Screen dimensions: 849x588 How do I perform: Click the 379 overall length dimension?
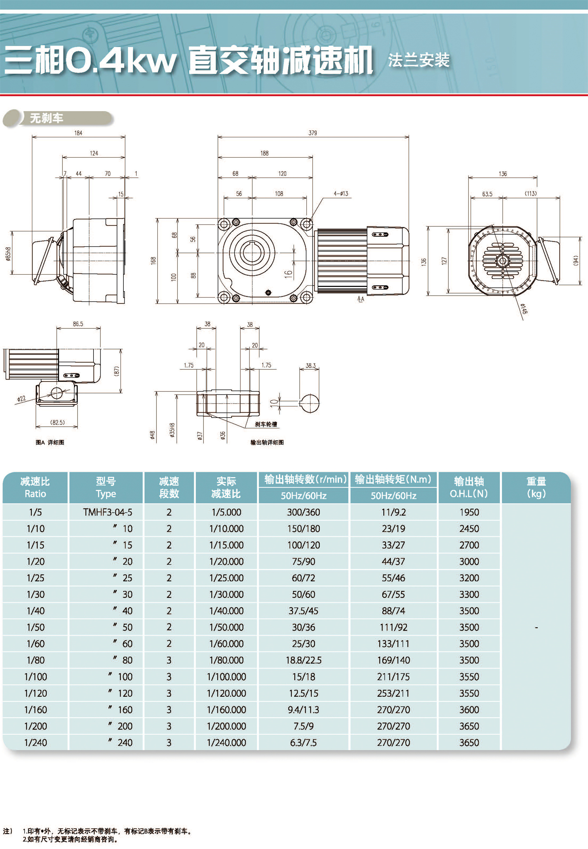[x=313, y=133]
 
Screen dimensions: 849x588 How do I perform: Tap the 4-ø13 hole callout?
[x=341, y=194]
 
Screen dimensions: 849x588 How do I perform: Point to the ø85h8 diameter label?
[x=8, y=254]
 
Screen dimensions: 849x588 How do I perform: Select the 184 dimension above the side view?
[x=78, y=133]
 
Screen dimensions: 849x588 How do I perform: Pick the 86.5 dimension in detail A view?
[x=78, y=324]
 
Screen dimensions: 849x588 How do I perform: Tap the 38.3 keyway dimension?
[x=310, y=366]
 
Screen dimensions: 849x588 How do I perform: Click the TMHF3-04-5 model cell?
[x=107, y=512]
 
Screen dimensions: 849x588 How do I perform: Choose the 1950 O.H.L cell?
[x=469, y=512]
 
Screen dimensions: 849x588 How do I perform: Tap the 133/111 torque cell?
[x=393, y=644]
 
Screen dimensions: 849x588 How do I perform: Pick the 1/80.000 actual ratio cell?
[x=226, y=660]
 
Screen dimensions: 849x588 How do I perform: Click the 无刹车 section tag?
[x=46, y=118]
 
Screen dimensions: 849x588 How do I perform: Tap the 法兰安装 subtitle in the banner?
[x=419, y=60]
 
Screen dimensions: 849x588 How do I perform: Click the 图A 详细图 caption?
[x=50, y=442]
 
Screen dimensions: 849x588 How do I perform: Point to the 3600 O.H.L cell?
[x=469, y=710]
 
